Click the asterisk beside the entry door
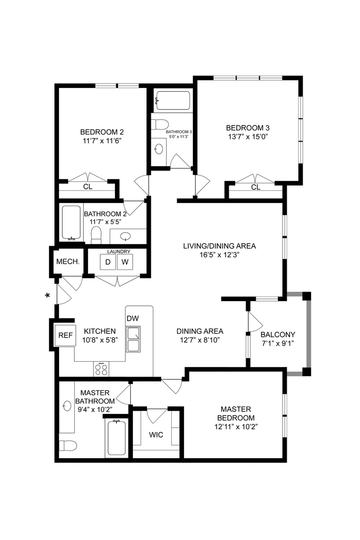pos(47,295)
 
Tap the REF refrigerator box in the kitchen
pos(65,335)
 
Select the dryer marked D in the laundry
pos(108,262)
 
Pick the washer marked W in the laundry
pos(125,262)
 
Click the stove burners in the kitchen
pos(101,370)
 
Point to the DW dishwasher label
pos(132,318)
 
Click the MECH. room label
pos(68,262)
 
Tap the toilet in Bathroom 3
pos(159,123)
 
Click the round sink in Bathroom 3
pos(159,148)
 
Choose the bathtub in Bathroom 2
pos(72,223)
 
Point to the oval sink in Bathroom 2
pos(125,236)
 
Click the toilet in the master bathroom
pos(68,446)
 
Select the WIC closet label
pos(156,435)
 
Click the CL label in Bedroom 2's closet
pos(88,187)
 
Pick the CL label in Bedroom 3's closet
pos(256,187)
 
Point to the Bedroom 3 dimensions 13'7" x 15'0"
pos(248,137)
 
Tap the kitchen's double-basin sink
pos(133,339)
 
